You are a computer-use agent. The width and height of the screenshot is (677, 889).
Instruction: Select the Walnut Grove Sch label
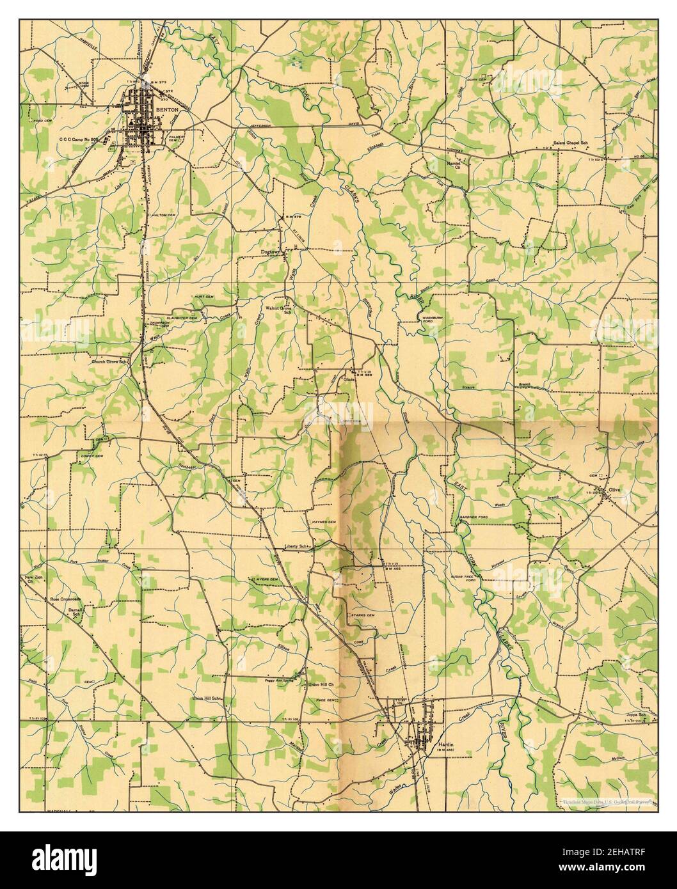pos(279,310)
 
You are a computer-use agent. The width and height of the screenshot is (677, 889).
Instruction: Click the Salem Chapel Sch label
pos(571,143)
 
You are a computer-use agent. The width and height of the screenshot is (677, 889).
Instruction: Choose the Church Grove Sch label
pos(110,361)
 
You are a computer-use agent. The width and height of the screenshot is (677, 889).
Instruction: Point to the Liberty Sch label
pos(296,547)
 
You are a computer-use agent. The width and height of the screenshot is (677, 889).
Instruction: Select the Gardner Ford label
pos(474,516)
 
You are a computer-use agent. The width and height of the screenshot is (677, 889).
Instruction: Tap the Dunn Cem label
pos(479,79)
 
